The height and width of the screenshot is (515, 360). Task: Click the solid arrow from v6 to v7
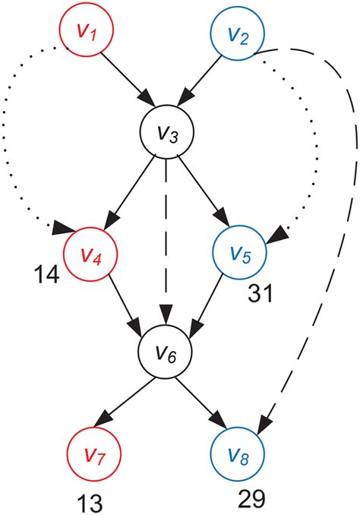click(130, 403)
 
